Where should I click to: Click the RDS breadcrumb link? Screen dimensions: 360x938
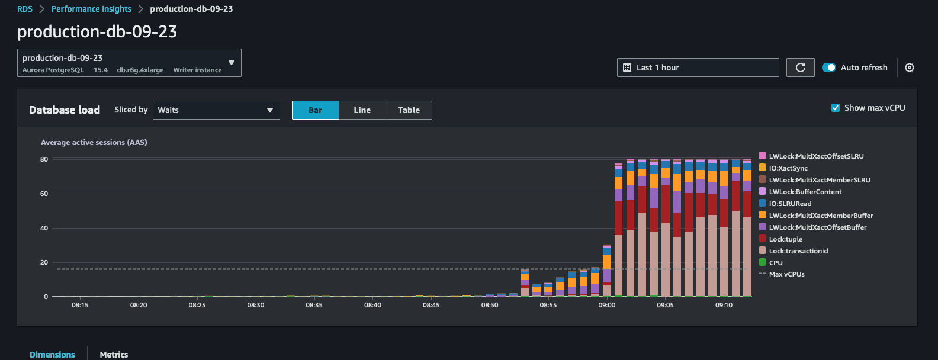[25, 9]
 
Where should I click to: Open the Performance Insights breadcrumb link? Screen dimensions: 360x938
[91, 9]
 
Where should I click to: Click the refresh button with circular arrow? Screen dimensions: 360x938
[800, 67]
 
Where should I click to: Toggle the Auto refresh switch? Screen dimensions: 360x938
[829, 67]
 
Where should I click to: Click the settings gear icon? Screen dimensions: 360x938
[910, 67]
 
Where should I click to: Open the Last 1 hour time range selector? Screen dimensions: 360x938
[698, 67]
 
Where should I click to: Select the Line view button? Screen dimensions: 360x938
[362, 110]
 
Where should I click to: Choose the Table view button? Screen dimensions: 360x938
[409, 110]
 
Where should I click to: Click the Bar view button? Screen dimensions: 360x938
[315, 110]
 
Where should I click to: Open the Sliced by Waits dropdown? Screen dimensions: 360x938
[216, 110]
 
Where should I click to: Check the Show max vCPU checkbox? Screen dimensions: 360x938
[836, 108]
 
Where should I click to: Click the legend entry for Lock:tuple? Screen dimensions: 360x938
[785, 239]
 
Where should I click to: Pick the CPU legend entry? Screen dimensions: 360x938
[775, 263]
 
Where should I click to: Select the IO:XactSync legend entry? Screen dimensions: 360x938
[788, 168]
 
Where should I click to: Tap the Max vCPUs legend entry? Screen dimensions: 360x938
[786, 274]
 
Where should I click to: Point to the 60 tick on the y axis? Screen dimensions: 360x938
[44, 194]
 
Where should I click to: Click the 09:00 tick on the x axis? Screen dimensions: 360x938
[606, 305]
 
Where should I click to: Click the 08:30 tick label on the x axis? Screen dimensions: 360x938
[256, 305]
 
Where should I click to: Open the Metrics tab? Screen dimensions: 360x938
[114, 354]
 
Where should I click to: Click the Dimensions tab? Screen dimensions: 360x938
[52, 354]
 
